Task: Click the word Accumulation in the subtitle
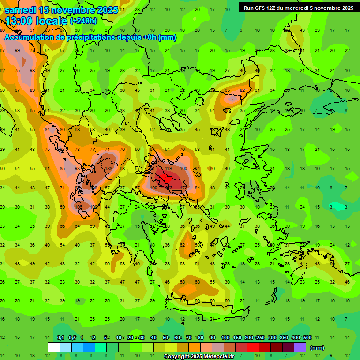point(31,37)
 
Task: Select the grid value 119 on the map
point(168,168)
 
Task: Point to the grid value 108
point(78,207)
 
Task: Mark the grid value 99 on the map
point(17,51)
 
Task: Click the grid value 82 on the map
point(242,90)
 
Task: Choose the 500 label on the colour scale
point(307,337)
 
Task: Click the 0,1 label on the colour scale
point(60,337)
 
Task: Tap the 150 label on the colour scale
point(237,337)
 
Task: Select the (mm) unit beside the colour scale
point(317,348)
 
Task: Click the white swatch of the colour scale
point(54,347)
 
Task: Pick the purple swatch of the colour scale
point(300,347)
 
